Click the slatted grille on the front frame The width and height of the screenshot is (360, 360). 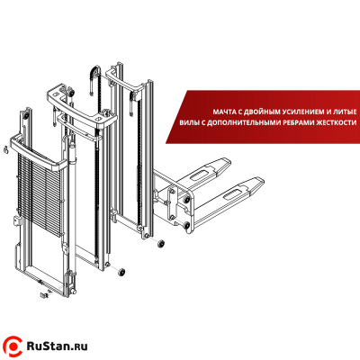click(41, 193)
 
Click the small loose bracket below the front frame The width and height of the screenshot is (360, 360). click(44, 292)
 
